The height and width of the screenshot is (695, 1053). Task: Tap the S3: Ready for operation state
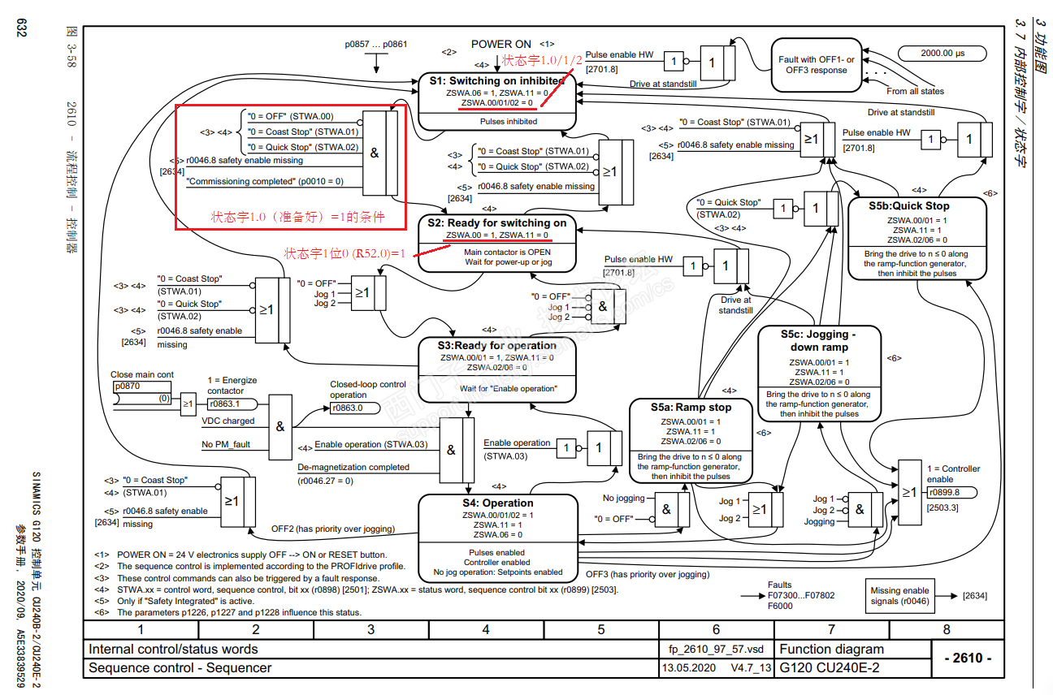click(497, 367)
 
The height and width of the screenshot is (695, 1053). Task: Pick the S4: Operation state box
click(497, 536)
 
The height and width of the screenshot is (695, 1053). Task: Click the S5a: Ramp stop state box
click(691, 441)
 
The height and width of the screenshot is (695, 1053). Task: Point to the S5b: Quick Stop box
click(916, 239)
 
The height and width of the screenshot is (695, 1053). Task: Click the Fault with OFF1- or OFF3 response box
click(817, 65)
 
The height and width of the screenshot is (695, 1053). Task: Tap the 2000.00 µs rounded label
click(942, 54)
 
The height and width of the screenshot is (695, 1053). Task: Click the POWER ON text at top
click(500, 44)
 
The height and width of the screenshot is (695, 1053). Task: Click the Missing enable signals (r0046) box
click(899, 596)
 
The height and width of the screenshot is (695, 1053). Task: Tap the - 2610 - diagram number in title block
click(967, 658)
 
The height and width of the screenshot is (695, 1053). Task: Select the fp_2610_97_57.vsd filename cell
click(711, 650)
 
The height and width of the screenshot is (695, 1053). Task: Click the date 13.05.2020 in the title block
click(688, 668)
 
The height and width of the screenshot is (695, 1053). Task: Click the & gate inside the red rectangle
click(375, 153)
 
